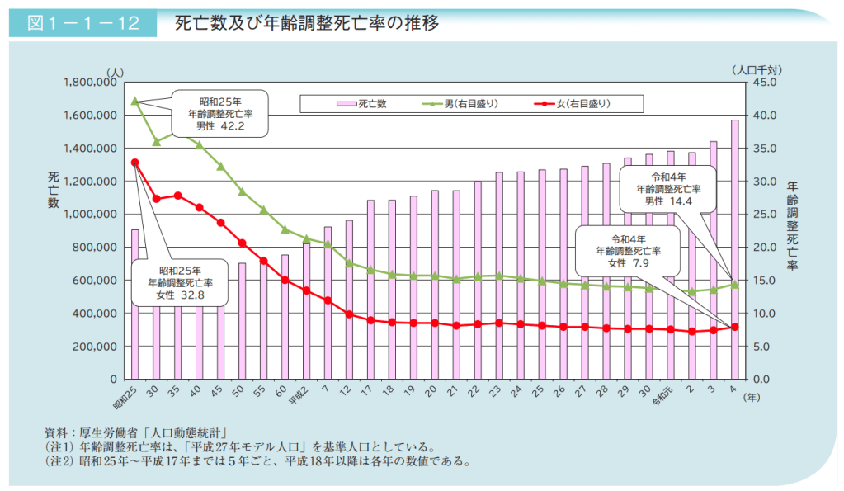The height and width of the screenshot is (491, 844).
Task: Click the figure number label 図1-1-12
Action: pyautogui.click(x=83, y=22)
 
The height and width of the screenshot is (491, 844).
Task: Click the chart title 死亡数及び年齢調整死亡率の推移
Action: pyautogui.click(x=306, y=22)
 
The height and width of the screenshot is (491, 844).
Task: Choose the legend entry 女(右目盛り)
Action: pyautogui.click(x=573, y=104)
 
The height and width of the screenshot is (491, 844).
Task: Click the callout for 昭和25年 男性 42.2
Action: pyautogui.click(x=219, y=114)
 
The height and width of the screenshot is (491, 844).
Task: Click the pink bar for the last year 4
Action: pyautogui.click(x=734, y=248)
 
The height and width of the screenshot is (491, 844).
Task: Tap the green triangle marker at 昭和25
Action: pyautogui.click(x=134, y=101)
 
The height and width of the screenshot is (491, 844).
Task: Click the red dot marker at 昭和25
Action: pyautogui.click(x=134, y=163)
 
